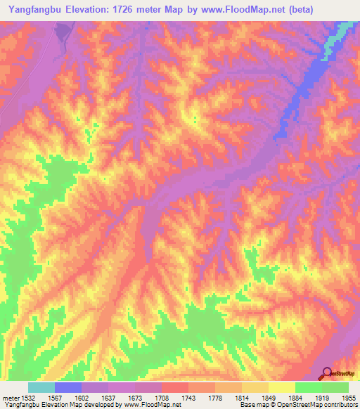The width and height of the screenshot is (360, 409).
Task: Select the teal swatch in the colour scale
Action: [x=41, y=387]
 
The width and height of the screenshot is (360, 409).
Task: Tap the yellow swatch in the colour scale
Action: [x=281, y=387]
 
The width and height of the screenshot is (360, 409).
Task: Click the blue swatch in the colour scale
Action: [x=67, y=387]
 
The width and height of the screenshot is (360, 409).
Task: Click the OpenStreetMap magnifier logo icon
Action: [x=326, y=372]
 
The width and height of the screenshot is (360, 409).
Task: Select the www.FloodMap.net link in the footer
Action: [x=146, y=405]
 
